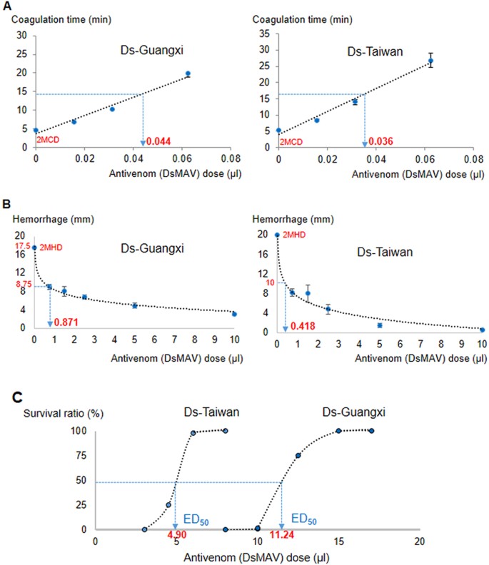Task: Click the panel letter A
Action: pyautogui.click(x=7, y=8)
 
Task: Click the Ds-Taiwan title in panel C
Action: pyautogui.click(x=201, y=413)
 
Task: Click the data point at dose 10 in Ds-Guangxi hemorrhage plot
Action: pyautogui.click(x=234, y=313)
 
